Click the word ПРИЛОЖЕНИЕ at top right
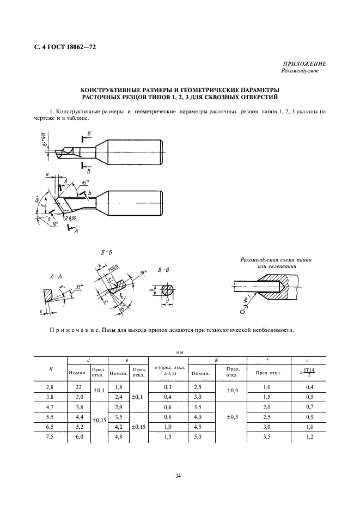(x=303, y=64)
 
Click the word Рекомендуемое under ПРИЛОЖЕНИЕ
(x=300, y=71)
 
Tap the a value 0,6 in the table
(x=167, y=406)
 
